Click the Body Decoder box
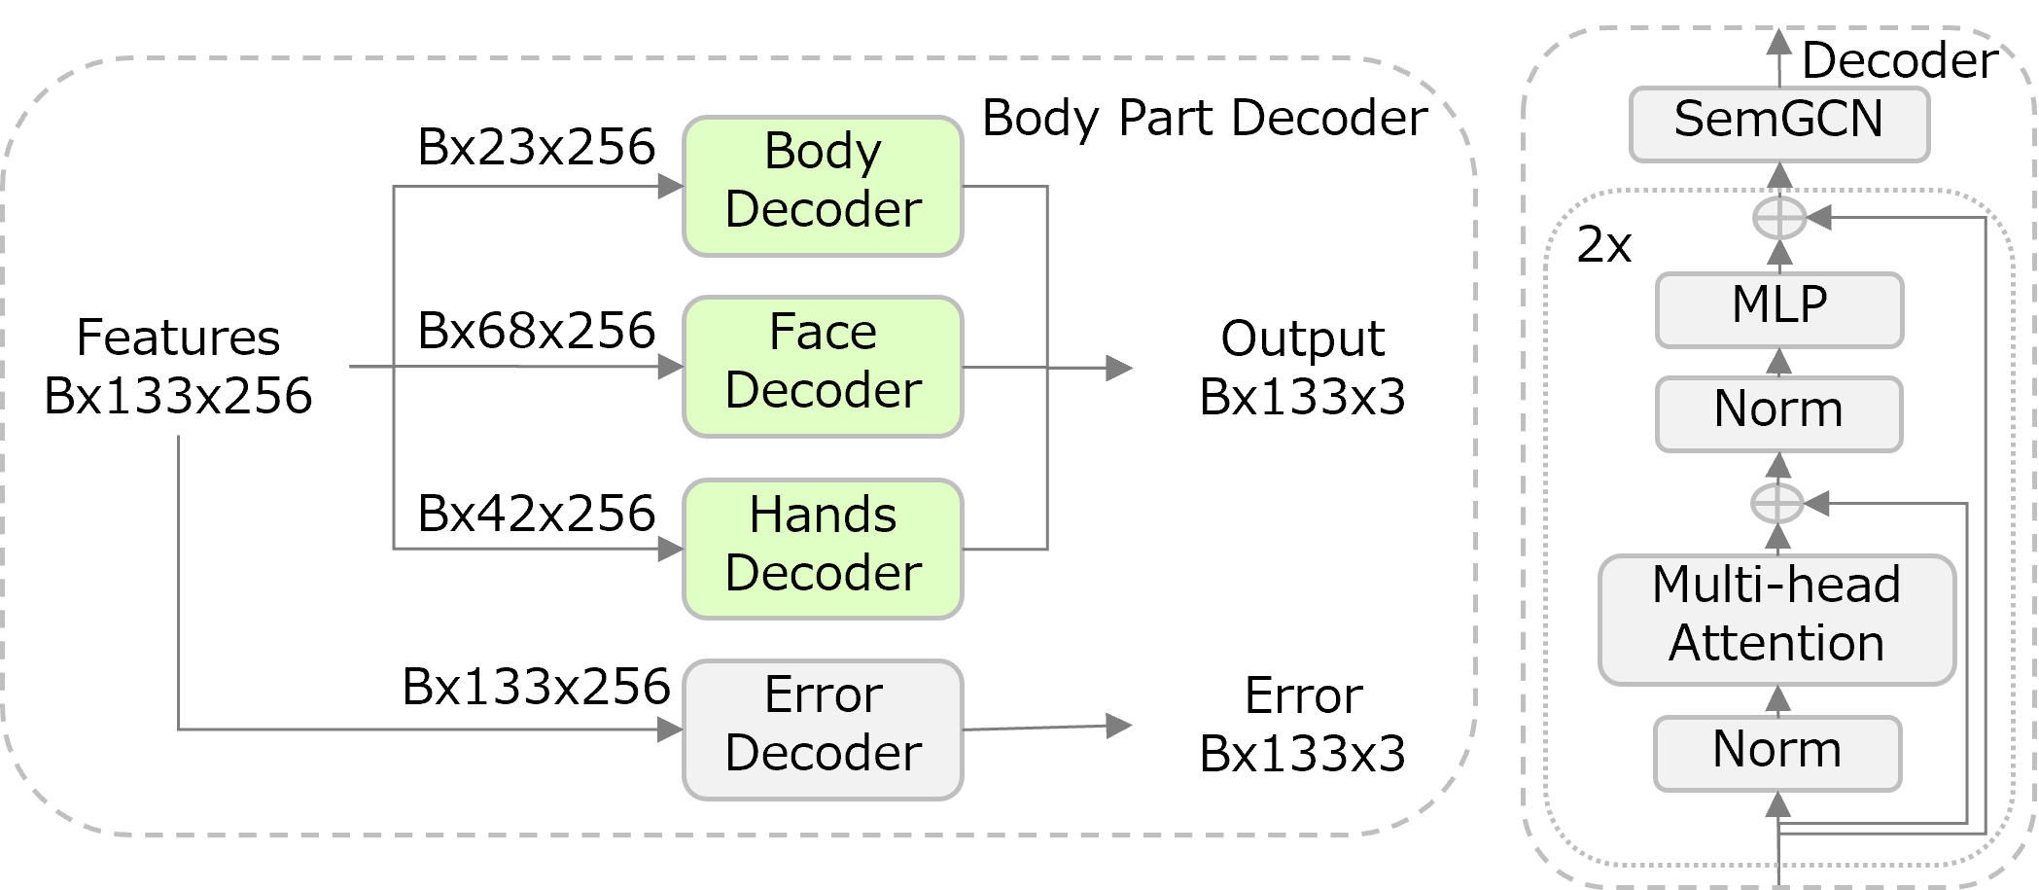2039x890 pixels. point(823,186)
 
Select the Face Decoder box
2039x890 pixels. point(823,367)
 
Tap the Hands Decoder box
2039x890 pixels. point(823,549)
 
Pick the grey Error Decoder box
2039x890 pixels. point(823,730)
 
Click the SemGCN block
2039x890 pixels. point(1778,124)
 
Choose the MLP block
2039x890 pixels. point(1778,309)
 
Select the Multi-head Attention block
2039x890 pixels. point(1776,620)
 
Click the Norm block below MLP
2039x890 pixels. point(1778,413)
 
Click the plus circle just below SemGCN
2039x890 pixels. point(1779,219)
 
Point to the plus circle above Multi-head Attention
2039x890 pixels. point(1777,504)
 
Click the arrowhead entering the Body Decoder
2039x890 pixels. point(671,186)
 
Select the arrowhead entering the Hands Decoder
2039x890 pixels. point(671,549)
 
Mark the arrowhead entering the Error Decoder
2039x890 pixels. point(671,729)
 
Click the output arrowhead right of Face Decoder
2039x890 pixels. point(1120,368)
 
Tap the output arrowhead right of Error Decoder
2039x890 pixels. point(1120,726)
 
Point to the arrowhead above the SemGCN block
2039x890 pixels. point(1778,42)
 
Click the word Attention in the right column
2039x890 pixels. point(1776,644)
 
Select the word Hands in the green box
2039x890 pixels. point(823,516)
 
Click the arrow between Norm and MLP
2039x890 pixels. point(1778,362)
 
